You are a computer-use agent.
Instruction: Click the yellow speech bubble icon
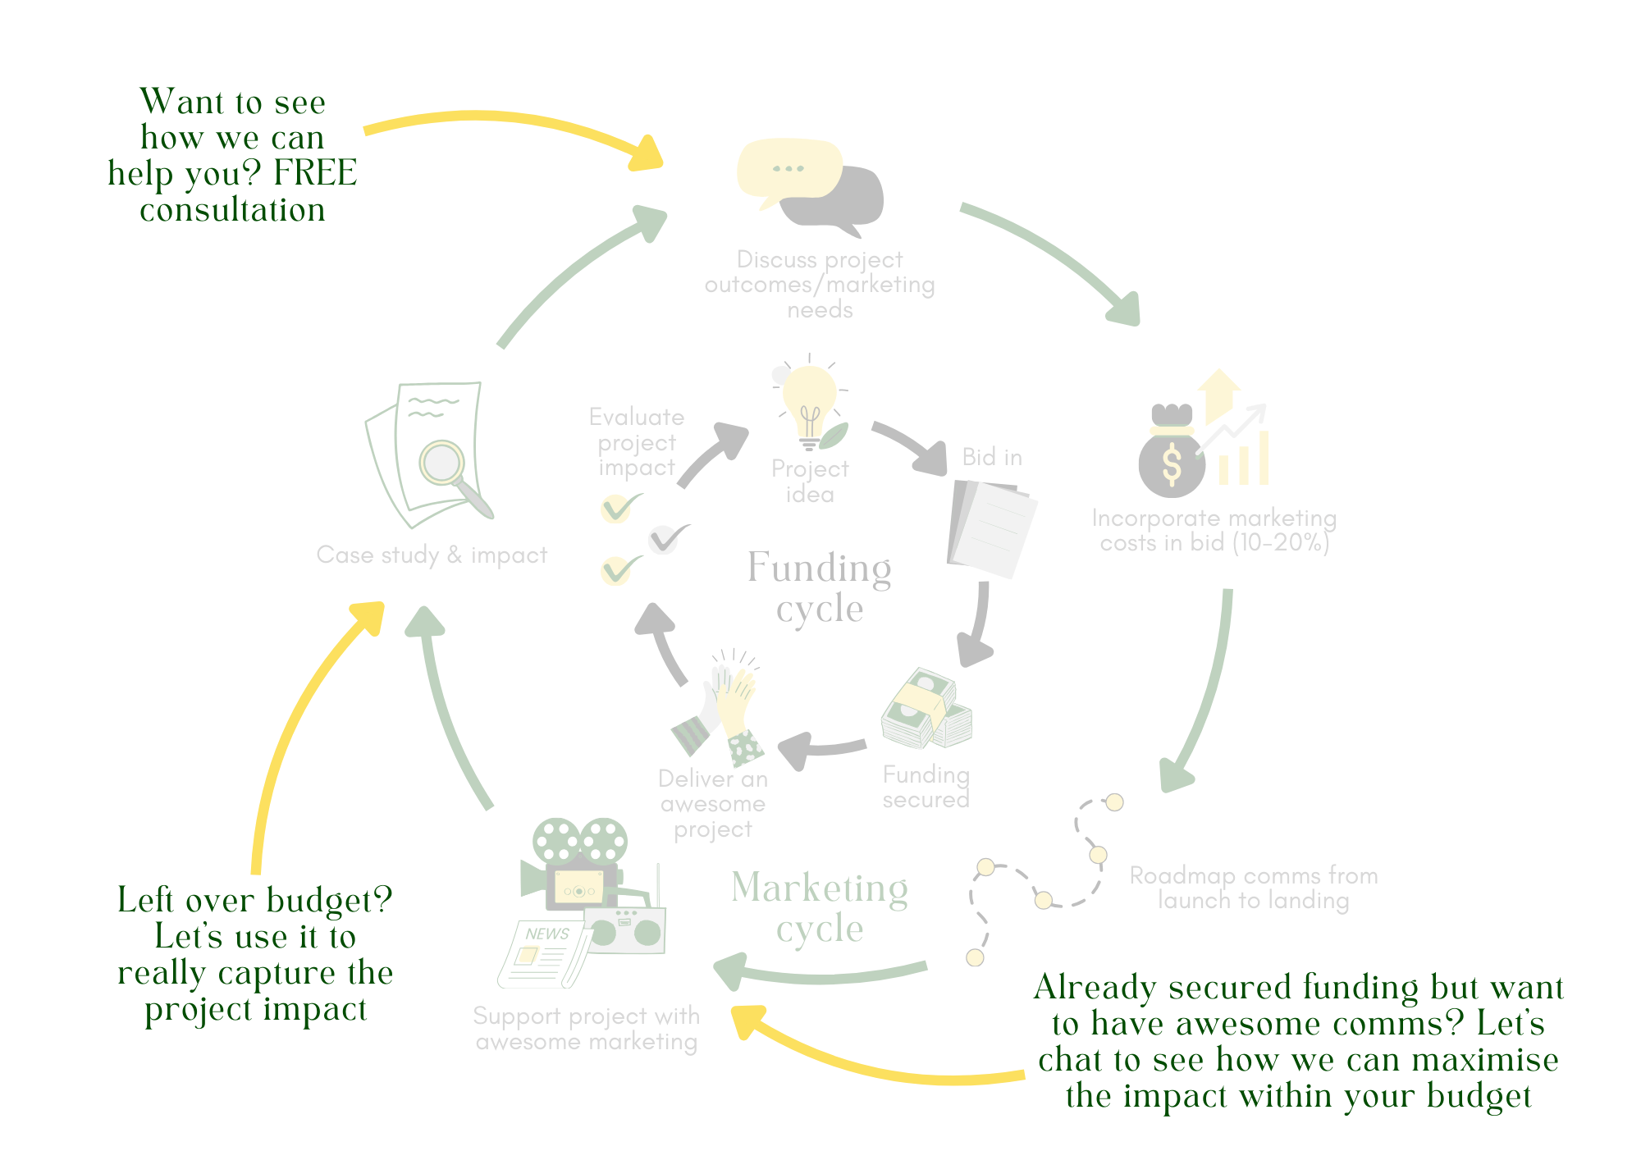pos(789,170)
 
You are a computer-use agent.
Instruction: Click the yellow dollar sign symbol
pos(1172,465)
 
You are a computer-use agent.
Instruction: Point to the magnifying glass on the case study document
pos(444,464)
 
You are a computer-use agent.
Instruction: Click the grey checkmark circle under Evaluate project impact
pos(662,540)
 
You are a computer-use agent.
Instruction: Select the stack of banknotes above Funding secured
pos(926,710)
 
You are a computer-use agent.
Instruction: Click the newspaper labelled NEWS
pos(545,954)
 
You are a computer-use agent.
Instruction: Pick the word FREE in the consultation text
pos(315,173)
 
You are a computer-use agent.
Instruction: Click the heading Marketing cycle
pos(820,907)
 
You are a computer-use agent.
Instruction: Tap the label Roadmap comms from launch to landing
pos(1253,888)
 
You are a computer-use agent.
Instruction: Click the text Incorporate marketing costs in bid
pos(1214,530)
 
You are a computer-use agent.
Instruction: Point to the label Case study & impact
pos(432,555)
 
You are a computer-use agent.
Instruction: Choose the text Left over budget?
pos(254,900)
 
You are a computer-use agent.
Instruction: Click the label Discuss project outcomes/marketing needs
pos(820,285)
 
